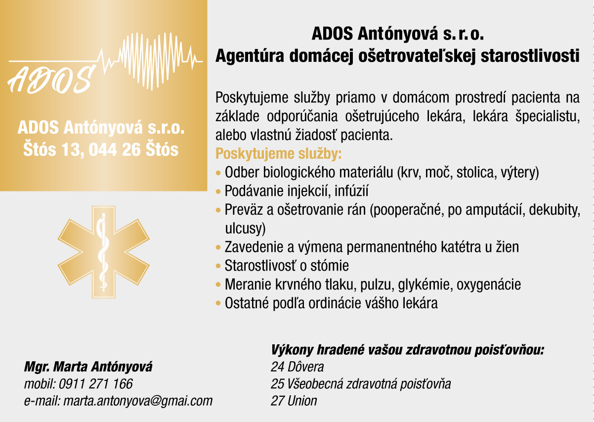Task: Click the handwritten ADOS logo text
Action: (x=50, y=80)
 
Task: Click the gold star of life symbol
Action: (x=103, y=252)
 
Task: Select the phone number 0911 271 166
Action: (x=95, y=384)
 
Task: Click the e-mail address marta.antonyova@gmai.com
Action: (x=138, y=401)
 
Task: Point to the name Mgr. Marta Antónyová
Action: (x=88, y=367)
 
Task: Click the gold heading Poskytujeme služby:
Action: (x=278, y=154)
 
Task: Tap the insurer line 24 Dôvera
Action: (x=297, y=367)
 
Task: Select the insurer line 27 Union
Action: (x=294, y=401)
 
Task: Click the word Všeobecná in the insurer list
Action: (x=315, y=384)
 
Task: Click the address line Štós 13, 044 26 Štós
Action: (x=101, y=149)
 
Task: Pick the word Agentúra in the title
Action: (x=250, y=56)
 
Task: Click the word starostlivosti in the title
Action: (x=530, y=56)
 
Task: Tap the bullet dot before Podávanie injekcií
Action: (x=218, y=191)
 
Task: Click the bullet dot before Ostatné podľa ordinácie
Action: (x=218, y=303)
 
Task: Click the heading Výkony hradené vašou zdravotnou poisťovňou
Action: (x=408, y=350)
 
